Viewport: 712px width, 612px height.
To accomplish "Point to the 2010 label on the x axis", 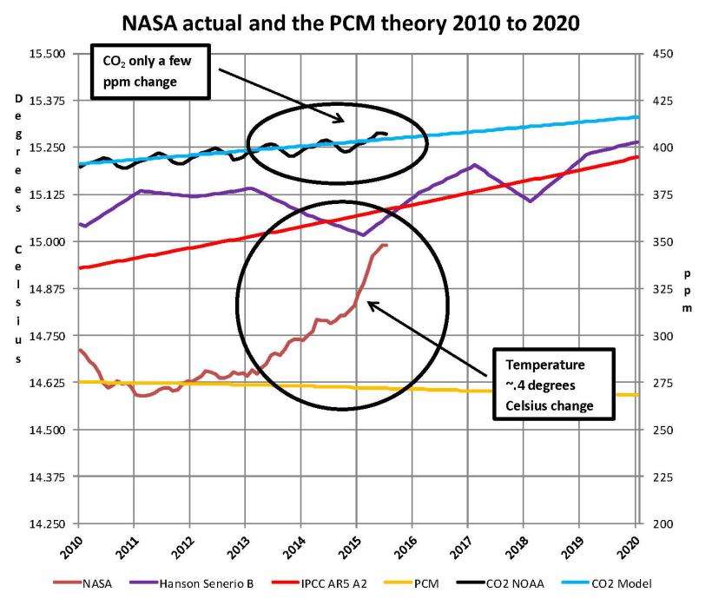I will click(76, 545).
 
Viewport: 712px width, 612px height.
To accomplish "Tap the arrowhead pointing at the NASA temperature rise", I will click(370, 303).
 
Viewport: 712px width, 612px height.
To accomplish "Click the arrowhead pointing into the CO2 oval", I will click(340, 121).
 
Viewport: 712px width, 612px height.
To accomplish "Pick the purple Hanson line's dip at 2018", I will click(530, 201).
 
